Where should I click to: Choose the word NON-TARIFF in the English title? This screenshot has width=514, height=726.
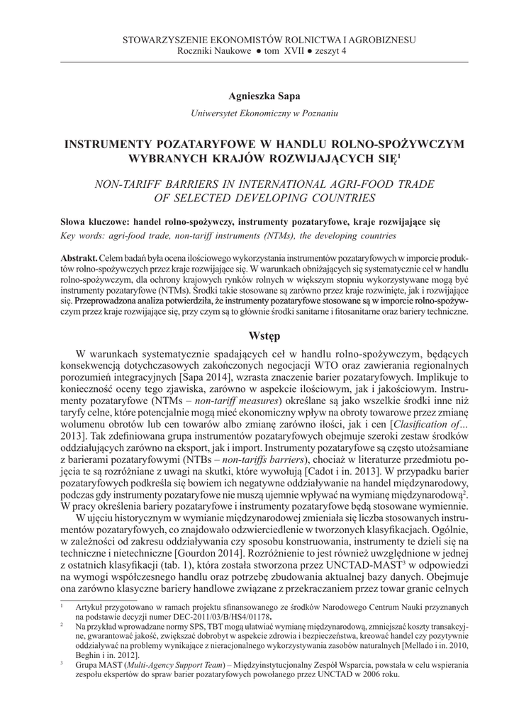(135, 184)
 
